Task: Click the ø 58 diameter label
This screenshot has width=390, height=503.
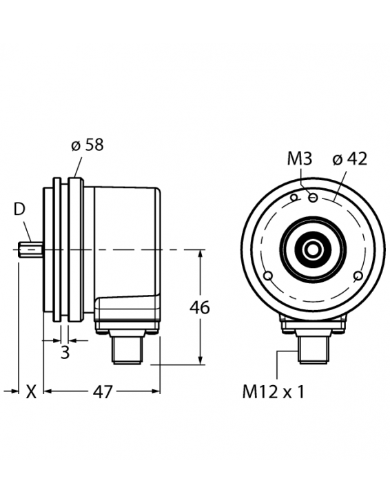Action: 87,145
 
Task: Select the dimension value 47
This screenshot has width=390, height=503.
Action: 102,392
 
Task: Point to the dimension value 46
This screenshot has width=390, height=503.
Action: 200,307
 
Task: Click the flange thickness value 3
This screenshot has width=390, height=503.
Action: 65,353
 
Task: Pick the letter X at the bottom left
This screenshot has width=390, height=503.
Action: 30,392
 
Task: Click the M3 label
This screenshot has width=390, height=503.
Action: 299,159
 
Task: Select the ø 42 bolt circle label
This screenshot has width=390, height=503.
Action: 349,158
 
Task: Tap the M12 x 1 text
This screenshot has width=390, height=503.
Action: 273,392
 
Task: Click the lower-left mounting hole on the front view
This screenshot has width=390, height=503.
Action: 268,276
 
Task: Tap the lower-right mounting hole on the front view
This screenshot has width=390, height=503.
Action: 358,276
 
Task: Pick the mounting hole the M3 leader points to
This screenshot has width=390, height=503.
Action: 313,198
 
